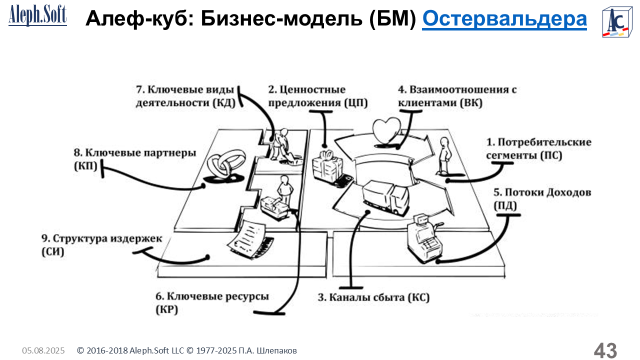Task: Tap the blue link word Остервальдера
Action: [504, 19]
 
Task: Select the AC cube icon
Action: [616, 22]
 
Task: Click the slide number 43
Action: [605, 350]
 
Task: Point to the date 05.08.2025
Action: [43, 351]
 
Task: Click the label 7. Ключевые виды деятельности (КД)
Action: [185, 96]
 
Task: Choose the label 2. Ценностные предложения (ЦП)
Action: [317, 96]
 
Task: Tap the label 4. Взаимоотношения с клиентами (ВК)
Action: [456, 96]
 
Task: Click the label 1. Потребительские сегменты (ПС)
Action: [538, 149]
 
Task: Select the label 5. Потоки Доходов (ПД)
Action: [542, 198]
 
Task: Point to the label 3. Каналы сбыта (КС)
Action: [373, 297]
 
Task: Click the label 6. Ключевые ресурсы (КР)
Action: [211, 303]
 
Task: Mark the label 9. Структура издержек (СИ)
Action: [101, 245]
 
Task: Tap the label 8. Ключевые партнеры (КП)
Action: [134, 158]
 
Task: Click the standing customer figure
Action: [444, 155]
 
